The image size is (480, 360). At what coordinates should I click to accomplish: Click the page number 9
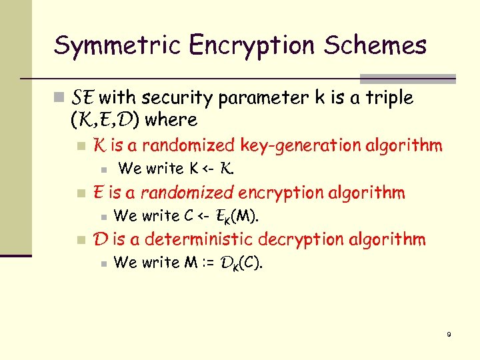[x=449, y=335]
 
